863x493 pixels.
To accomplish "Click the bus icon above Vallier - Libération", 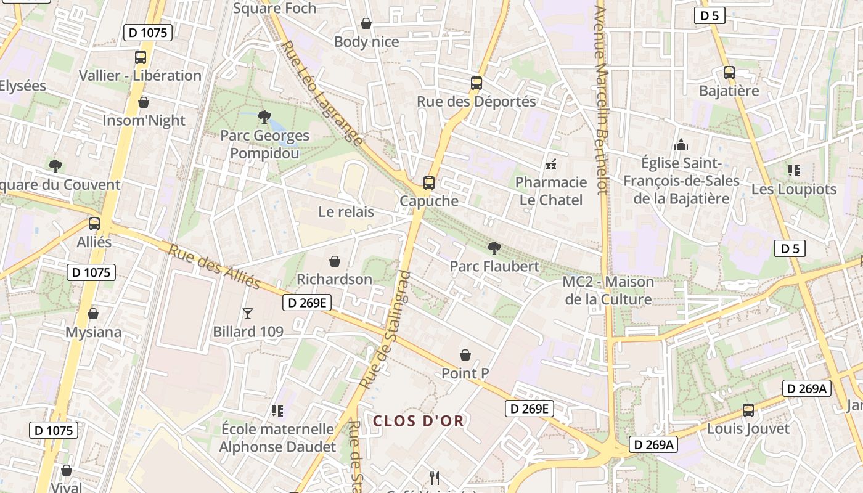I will pos(141,57).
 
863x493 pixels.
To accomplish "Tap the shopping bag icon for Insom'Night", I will pos(144,102).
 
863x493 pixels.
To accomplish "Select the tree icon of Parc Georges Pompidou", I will pos(264,116).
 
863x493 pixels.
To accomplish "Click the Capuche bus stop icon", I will pos(428,183).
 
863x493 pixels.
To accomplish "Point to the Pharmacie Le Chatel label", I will pos(551,191).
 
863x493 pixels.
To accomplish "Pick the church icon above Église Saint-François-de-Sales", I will pos(681,145).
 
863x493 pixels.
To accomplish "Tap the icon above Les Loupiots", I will pos(794,171).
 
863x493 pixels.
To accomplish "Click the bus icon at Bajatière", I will pos(729,73).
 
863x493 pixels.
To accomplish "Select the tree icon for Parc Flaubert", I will pos(494,248).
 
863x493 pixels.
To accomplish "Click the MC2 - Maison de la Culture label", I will pos(608,291).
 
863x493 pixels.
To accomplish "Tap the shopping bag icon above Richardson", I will pos(335,261).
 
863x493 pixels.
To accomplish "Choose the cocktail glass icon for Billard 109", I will pos(248,314).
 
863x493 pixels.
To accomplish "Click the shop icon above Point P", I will pos(465,355).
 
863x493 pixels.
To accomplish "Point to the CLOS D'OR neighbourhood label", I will pos(419,421).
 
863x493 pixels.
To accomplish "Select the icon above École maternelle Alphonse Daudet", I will pos(277,410).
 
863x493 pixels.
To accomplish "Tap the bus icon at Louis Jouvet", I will pos(748,410).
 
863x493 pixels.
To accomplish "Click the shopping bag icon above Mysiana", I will pos(93,314).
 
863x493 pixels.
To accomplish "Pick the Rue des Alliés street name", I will pos(215,267).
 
